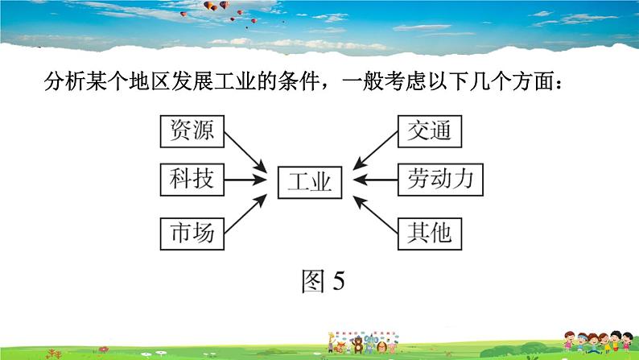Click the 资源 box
click(x=192, y=130)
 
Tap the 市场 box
click(x=192, y=233)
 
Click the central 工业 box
click(x=310, y=182)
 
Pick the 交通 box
click(x=430, y=130)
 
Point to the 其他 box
click(x=430, y=233)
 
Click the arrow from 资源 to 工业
click(x=245, y=151)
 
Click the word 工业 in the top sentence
click(x=229, y=82)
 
